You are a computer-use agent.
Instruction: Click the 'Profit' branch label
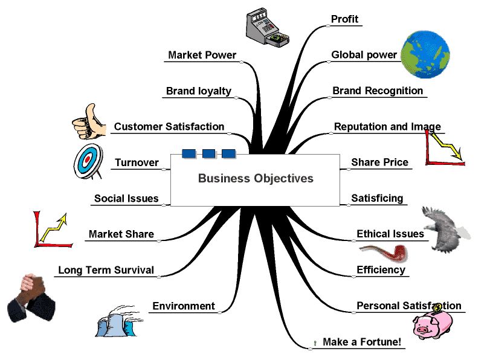(x=344, y=19)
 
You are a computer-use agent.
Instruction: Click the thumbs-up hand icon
(x=87, y=122)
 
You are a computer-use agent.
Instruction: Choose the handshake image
(x=31, y=295)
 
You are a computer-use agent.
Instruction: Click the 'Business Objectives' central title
(x=256, y=178)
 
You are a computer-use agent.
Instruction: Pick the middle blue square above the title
(x=208, y=153)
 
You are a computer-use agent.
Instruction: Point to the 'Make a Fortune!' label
(x=361, y=342)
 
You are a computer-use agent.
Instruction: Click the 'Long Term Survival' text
(x=106, y=270)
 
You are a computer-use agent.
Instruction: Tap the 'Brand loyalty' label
(x=198, y=91)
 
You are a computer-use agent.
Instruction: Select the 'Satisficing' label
(x=376, y=198)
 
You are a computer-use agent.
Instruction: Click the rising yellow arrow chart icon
(x=52, y=230)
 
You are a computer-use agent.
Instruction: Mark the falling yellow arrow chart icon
(x=445, y=147)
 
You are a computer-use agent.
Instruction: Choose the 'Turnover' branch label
(x=137, y=162)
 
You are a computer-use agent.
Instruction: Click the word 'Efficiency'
(x=381, y=270)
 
